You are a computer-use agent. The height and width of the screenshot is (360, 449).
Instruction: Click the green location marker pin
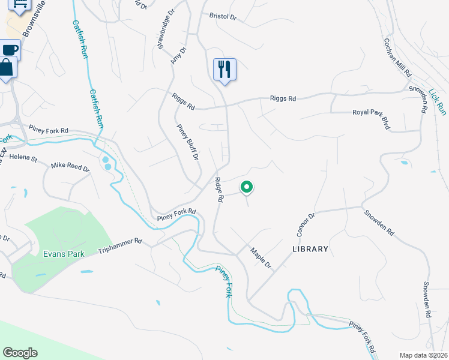[x=246, y=187]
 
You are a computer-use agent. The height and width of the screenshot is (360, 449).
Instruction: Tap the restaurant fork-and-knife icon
[x=224, y=69]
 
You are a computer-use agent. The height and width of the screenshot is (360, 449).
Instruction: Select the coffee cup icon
[x=10, y=50]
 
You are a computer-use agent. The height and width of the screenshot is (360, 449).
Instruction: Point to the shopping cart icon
[x=20, y=5]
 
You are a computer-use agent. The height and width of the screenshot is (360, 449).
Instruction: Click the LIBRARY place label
[x=310, y=249]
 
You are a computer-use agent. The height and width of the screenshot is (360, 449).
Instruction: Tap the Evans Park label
[x=64, y=254]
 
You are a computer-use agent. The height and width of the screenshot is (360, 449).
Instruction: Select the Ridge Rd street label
[x=220, y=189]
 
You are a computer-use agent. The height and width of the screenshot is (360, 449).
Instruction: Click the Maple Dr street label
[x=261, y=258]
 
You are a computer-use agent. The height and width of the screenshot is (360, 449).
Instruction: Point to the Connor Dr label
[x=306, y=224]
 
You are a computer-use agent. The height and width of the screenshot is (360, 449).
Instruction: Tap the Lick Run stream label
[x=438, y=102]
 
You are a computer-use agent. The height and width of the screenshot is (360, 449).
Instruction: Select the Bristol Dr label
[x=223, y=16]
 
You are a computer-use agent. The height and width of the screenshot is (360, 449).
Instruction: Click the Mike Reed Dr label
[x=70, y=167]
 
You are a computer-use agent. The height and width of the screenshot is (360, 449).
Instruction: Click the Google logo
[x=20, y=353]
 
